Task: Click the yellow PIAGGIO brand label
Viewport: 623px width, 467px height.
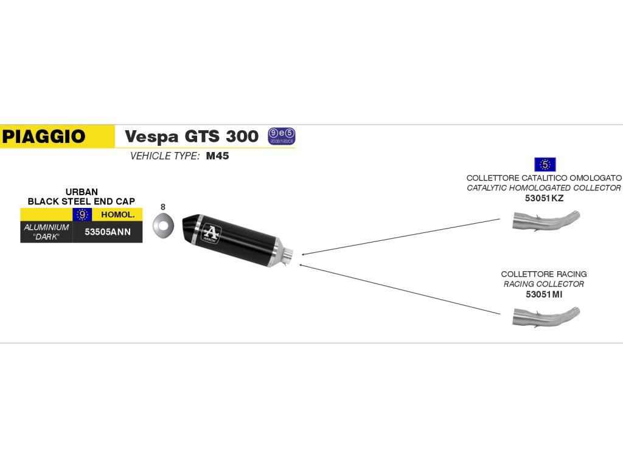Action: click(x=44, y=136)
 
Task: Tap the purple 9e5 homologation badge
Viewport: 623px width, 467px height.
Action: click(x=281, y=136)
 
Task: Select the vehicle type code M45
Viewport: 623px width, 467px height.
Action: click(x=217, y=156)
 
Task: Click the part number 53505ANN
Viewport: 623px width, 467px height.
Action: click(x=107, y=232)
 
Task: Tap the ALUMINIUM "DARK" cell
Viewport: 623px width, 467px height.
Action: click(x=46, y=232)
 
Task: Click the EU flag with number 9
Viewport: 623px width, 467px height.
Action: click(x=82, y=215)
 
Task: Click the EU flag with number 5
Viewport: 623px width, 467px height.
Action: click(x=545, y=164)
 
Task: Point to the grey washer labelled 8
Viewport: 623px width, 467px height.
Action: click(x=162, y=226)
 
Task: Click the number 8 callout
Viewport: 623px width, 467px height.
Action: click(x=163, y=207)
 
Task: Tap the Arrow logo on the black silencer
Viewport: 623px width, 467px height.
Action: click(x=211, y=232)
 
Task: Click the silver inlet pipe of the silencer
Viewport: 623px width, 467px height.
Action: click(x=288, y=255)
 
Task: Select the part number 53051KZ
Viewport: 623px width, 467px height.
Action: click(x=544, y=198)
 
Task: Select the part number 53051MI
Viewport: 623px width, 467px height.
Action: click(x=544, y=294)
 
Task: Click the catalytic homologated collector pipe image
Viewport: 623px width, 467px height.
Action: click(x=546, y=220)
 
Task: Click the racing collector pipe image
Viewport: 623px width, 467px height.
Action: click(x=546, y=316)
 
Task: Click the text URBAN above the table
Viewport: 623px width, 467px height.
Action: click(x=82, y=192)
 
